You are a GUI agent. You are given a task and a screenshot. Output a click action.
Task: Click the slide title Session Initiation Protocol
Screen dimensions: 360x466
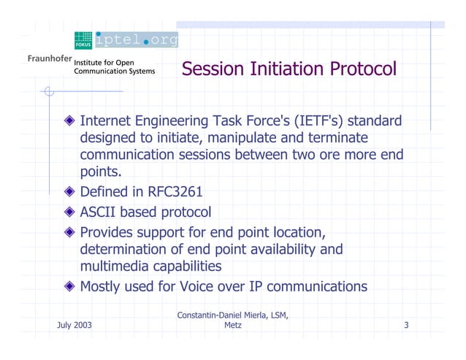(289, 69)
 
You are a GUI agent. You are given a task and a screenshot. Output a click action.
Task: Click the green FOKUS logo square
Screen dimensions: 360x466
(83, 40)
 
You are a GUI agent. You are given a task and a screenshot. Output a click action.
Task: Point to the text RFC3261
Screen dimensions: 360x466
(175, 192)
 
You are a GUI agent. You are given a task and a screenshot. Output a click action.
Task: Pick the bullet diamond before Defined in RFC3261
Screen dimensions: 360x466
(69, 192)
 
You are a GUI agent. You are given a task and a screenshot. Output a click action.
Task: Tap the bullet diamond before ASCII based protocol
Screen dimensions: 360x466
(69, 212)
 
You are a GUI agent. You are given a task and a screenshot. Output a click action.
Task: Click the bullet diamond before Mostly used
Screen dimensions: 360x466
(69, 286)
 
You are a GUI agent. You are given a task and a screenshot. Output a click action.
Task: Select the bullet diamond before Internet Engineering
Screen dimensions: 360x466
(69, 120)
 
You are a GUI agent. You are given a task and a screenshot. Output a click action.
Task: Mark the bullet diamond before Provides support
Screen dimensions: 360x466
(69, 231)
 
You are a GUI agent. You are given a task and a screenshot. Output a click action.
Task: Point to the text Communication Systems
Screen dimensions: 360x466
(115, 72)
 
